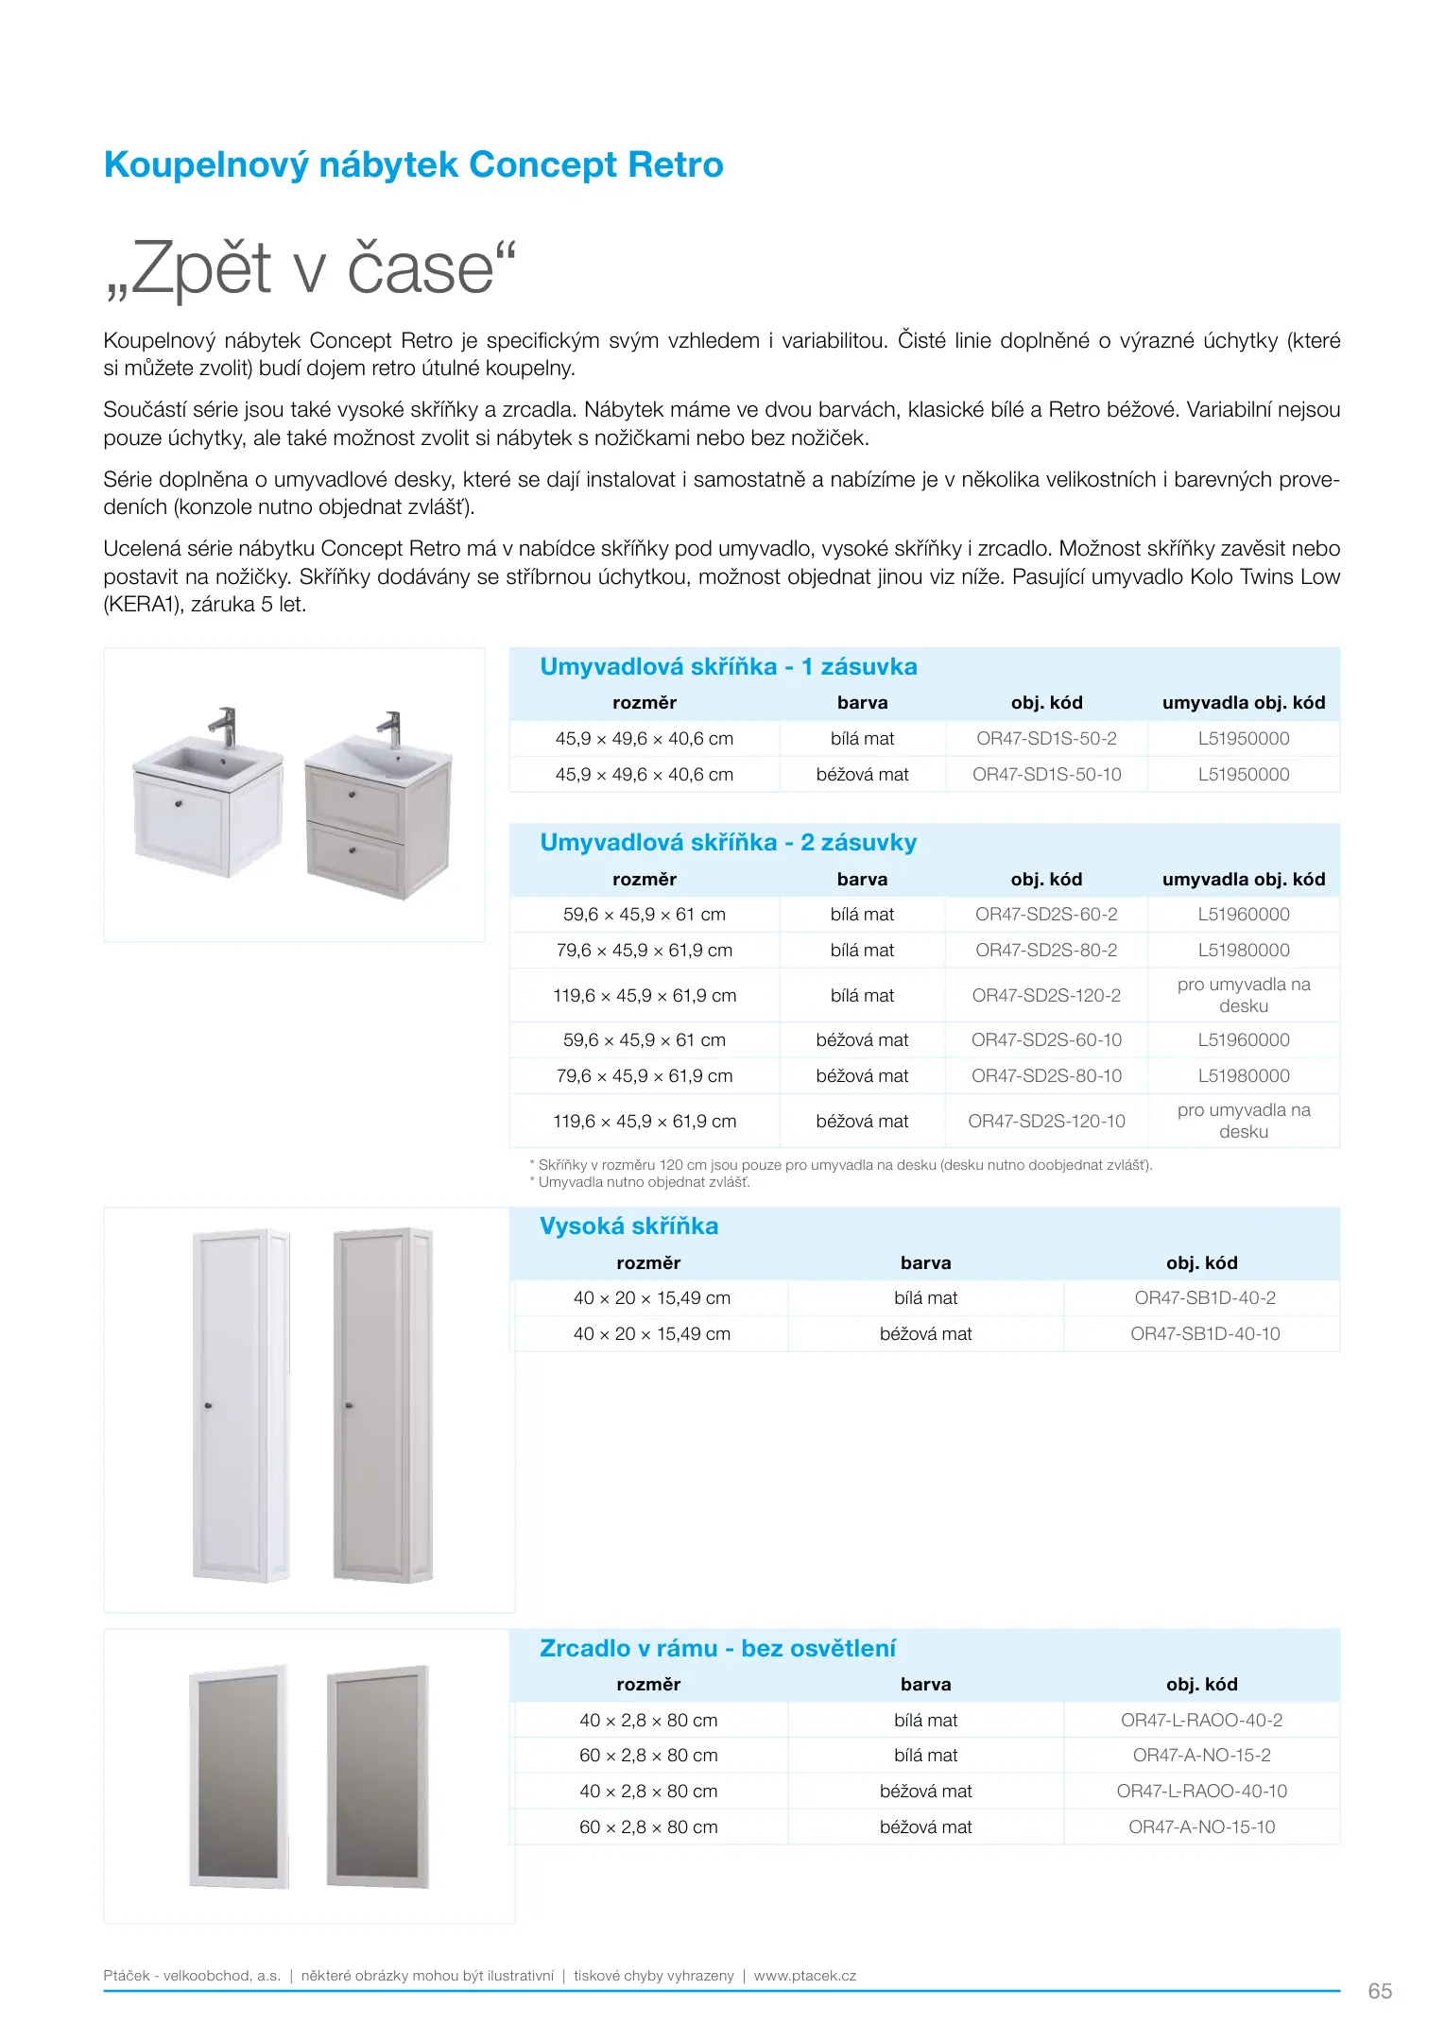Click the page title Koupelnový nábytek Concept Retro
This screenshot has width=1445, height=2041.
(x=413, y=165)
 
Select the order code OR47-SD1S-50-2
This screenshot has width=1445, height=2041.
(x=1046, y=739)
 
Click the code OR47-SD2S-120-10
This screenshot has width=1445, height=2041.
(x=1046, y=1122)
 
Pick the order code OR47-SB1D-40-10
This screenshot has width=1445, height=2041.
(x=1205, y=1334)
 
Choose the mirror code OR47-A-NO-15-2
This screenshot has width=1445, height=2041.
(x=1201, y=1756)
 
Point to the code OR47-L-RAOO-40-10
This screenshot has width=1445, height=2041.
(x=1201, y=1792)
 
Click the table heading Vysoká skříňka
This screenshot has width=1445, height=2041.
(x=628, y=1226)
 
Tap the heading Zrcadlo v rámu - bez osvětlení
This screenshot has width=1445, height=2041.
(x=717, y=1649)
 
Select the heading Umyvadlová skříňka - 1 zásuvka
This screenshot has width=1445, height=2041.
(x=728, y=667)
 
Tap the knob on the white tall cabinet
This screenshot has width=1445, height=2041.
(x=209, y=1406)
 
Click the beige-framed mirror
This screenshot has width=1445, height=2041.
(x=378, y=1776)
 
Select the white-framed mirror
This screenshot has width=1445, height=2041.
(x=239, y=1776)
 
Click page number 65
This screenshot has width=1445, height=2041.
(x=1380, y=1991)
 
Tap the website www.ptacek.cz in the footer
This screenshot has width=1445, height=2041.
(x=804, y=1976)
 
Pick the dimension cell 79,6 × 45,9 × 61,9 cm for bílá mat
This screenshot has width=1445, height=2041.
(x=644, y=951)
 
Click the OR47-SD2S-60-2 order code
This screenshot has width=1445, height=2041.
(x=1046, y=915)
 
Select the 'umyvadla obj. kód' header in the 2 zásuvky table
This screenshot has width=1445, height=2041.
(x=1243, y=880)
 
